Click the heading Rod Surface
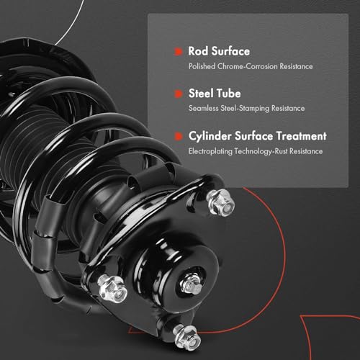point(219,51)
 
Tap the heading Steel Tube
point(215,94)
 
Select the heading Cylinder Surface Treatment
point(258,136)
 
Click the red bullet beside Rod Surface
point(178,51)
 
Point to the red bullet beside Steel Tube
point(178,94)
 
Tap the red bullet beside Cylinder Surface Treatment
point(178,136)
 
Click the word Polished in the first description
point(202,66)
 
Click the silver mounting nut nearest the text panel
point(221,203)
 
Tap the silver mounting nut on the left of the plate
point(113,289)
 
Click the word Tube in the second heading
point(228,94)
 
